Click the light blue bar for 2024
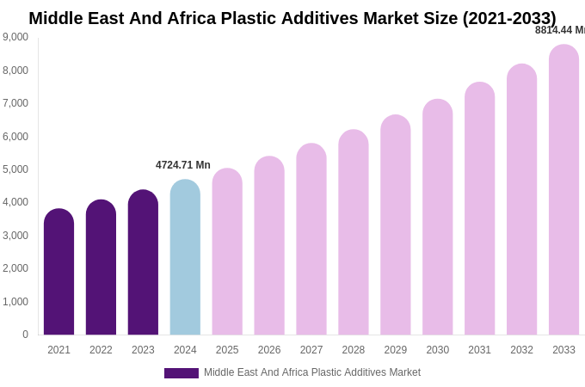click(185, 258)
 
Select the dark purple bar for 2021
click(58, 272)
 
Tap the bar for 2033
click(563, 190)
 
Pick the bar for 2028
click(354, 232)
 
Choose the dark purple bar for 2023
click(143, 262)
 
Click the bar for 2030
click(437, 217)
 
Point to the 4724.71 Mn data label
click(182, 165)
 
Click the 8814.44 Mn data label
click(560, 30)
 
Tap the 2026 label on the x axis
click(269, 350)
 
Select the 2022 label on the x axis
click(101, 350)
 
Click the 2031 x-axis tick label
click(479, 350)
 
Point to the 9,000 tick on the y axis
click(15, 37)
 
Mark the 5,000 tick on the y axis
click(15, 169)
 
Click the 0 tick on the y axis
click(25, 335)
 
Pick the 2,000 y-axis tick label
click(15, 268)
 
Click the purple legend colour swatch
click(181, 373)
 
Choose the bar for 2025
click(227, 252)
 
